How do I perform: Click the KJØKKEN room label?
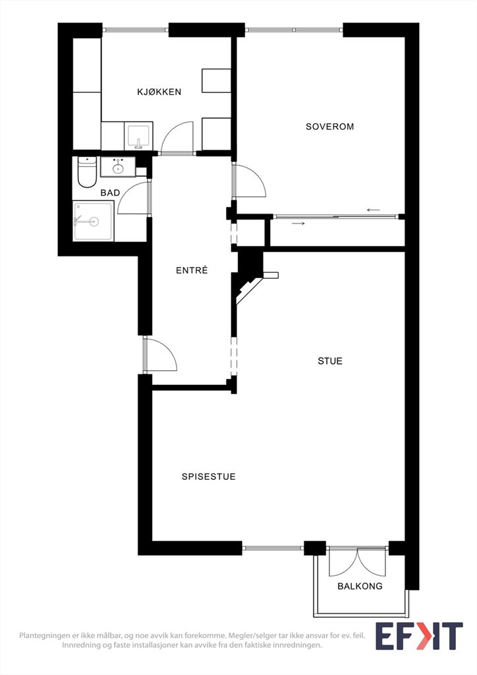pyautogui.click(x=159, y=92)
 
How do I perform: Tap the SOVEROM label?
pyautogui.click(x=330, y=127)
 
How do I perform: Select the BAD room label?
pyautogui.click(x=110, y=193)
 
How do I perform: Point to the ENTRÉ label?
pyautogui.click(x=192, y=270)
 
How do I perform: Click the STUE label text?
pyautogui.click(x=330, y=361)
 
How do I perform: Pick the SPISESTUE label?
pyautogui.click(x=209, y=477)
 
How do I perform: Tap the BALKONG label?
pyautogui.click(x=360, y=586)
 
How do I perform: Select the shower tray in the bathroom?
pyautogui.click(x=94, y=221)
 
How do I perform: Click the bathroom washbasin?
pyautogui.click(x=118, y=167)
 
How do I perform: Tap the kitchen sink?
pyautogui.click(x=138, y=136)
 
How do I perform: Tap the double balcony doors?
pyautogui.click(x=358, y=562)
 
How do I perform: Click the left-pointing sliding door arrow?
pyautogui.click(x=374, y=210)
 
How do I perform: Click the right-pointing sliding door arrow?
pyautogui.click(x=298, y=223)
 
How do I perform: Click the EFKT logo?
pyautogui.click(x=419, y=636)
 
